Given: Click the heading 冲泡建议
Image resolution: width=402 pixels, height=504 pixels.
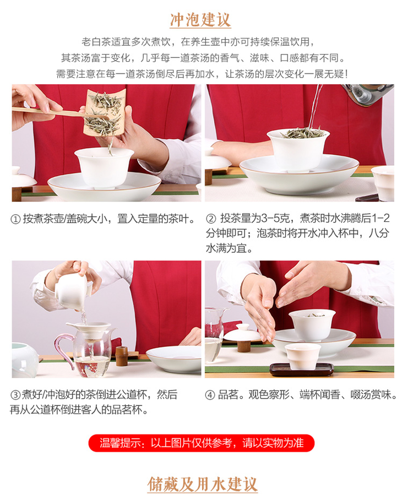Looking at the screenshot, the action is tap(200, 20).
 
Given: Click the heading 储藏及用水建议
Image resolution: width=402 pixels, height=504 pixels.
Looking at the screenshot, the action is tap(203, 484).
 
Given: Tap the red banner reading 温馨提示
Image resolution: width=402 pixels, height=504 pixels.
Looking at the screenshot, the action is tap(202, 443).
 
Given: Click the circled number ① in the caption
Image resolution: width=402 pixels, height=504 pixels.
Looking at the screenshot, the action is tap(15, 219).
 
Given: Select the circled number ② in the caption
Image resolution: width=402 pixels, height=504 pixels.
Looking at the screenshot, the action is tap(211, 219).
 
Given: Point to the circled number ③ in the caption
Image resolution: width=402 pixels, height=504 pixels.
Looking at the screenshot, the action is tap(15, 395).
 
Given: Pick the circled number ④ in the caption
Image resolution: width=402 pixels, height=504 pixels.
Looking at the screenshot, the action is tap(210, 395).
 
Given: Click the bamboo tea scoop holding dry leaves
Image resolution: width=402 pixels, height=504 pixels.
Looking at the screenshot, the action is tap(104, 112).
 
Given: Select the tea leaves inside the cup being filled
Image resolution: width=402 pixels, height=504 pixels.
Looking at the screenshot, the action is tap(303, 132).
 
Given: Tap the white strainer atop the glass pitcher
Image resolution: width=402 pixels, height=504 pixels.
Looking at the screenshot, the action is tap(89, 330).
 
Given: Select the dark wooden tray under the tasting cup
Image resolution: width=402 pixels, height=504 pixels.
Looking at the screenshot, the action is tap(301, 370).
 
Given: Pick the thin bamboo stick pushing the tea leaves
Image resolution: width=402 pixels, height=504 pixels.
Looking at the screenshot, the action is tap(51, 112).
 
